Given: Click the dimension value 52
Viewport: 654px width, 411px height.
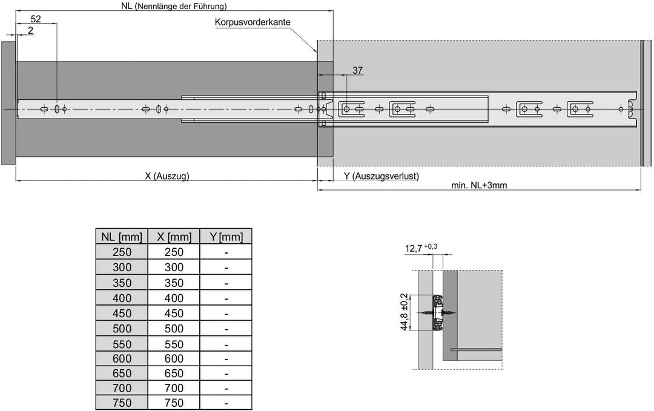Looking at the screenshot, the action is pos(36,19).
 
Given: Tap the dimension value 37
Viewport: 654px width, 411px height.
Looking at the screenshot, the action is pos(357,70).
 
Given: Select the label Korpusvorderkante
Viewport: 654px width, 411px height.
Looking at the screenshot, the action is pos(253,22).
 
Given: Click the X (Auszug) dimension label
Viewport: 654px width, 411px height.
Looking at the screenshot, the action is pos(167,176).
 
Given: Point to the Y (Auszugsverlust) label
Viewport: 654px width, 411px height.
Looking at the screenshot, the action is pos(381,176).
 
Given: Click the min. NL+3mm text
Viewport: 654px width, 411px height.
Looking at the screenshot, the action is pos(479,185).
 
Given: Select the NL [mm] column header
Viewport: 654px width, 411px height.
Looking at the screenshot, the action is pos(122,237).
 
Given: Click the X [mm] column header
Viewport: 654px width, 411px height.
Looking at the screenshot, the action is pos(174,237).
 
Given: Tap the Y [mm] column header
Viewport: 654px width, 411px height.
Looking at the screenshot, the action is pos(226,237).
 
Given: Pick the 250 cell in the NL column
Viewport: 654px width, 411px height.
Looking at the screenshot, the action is pos(122,252).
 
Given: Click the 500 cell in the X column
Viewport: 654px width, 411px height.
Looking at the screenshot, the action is pos(174,329).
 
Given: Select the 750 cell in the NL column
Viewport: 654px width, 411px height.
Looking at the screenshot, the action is pos(122,403).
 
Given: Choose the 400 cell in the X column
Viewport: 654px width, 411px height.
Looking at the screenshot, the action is pos(174,298).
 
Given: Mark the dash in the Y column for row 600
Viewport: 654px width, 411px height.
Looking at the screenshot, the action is pos(226,359).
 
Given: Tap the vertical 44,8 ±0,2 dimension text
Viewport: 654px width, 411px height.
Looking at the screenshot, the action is pos(404,312).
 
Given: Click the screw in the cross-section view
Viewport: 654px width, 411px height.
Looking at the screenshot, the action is pos(438,312).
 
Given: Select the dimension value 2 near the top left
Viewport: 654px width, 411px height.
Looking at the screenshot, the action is pos(30,30).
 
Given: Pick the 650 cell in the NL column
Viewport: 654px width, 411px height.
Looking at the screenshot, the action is pos(122,373).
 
